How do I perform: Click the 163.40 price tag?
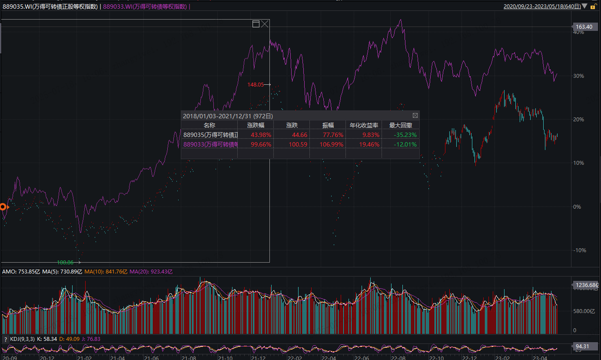coord(584,27)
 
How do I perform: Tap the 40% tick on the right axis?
coord(579,33)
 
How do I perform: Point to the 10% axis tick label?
coord(579,163)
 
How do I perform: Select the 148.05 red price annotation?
coord(256,85)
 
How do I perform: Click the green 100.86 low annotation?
coord(65,263)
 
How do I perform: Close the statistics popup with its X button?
coord(415,116)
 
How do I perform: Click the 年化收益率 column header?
coord(363,125)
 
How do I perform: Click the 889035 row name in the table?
coord(210,135)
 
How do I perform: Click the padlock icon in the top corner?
coord(593,7)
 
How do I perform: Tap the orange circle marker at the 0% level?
coord(3,207)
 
